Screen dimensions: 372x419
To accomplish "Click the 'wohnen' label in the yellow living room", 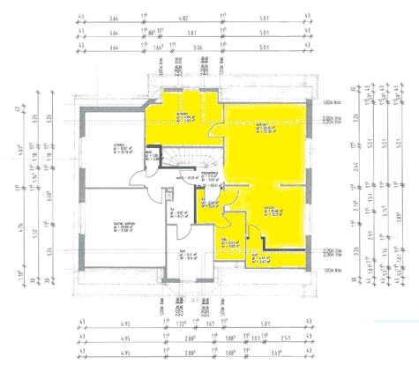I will (262, 124).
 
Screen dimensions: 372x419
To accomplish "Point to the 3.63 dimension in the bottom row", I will (306, 351).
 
